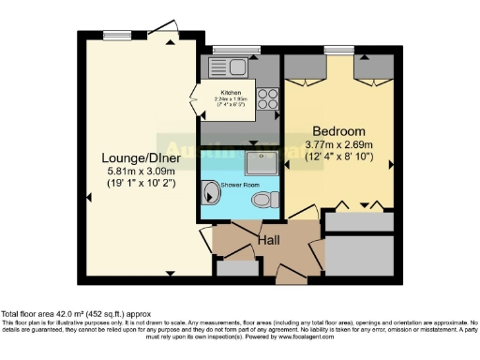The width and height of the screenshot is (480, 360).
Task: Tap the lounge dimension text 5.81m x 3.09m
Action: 137,172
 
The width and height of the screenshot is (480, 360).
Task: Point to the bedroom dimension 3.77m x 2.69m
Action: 338,143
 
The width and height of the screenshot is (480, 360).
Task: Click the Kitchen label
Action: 231,93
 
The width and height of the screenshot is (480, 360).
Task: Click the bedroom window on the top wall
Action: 337,49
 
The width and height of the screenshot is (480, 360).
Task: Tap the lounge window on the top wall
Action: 117,36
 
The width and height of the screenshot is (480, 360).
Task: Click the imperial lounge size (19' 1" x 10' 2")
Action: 137,185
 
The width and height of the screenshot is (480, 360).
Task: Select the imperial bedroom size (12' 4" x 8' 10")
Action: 338,157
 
